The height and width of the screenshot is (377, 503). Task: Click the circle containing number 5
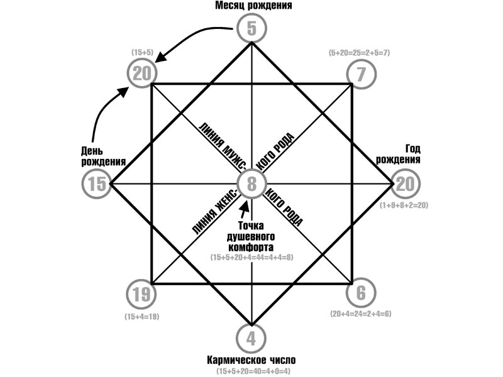coord(252,28)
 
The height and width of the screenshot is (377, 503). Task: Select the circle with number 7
coord(361,74)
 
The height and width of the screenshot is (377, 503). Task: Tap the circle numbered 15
coord(97,184)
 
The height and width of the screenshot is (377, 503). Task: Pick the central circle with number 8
coord(251,184)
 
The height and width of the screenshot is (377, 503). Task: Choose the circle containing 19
coord(141,293)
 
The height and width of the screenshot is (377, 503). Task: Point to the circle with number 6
coord(361,293)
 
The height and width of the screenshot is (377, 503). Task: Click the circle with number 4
coord(251,339)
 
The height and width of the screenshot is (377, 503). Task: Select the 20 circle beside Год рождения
coord(406,184)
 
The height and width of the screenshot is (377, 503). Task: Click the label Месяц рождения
coord(251,6)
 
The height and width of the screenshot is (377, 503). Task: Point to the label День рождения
coord(101,156)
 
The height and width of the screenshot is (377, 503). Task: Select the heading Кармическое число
coord(251,361)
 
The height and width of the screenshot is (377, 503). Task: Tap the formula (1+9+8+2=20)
coord(406,205)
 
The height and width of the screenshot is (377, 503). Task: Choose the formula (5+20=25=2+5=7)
coord(360,53)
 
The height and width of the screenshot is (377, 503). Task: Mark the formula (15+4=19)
coord(141,317)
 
